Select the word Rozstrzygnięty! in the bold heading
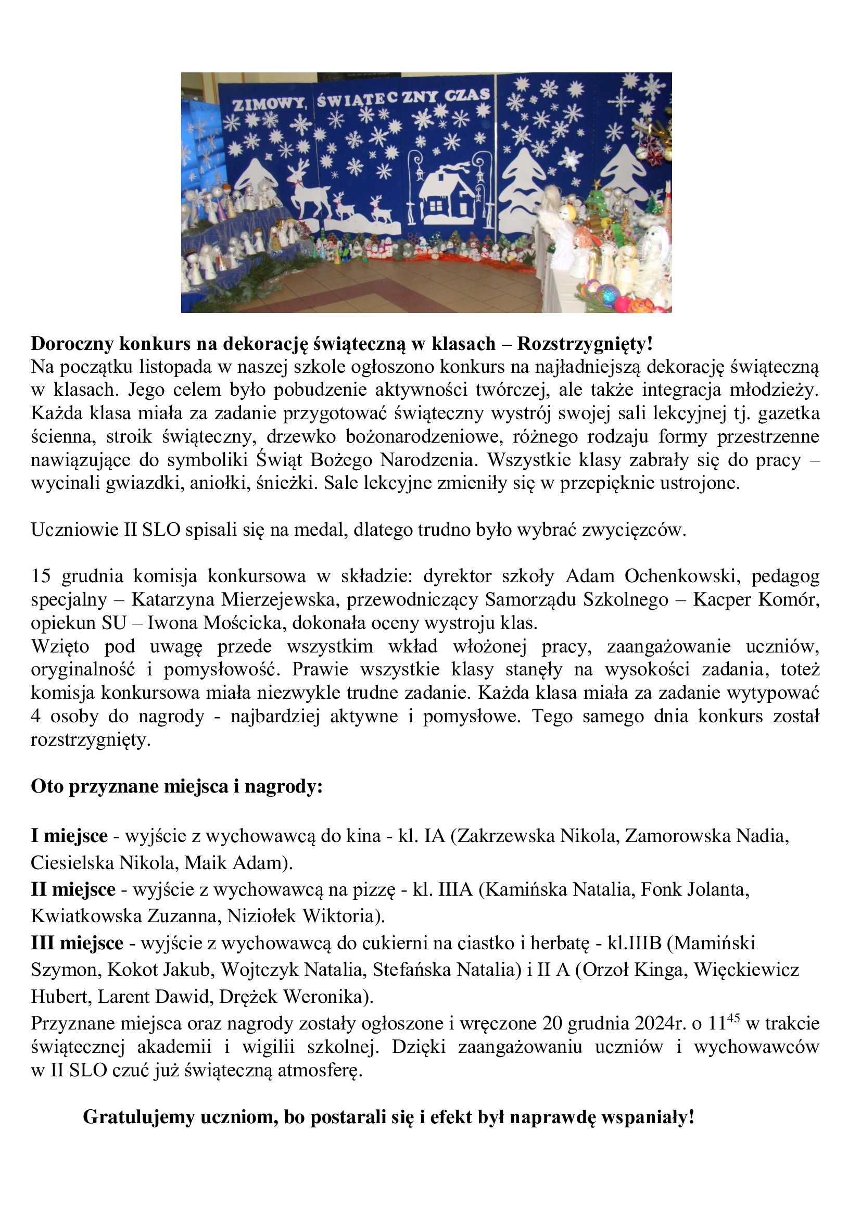[x=585, y=344]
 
